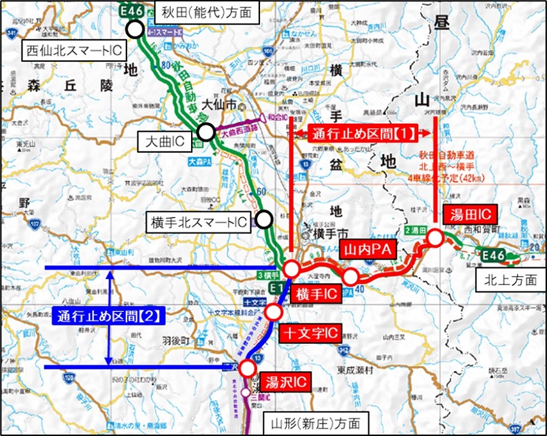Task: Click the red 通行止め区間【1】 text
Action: [x=363, y=133]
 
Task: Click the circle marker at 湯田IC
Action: [x=435, y=238]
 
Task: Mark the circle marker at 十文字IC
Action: [x=273, y=313]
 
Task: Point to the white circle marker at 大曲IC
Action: [x=205, y=131]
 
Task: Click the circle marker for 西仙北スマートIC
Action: [x=134, y=29]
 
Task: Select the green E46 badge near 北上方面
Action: [x=491, y=255]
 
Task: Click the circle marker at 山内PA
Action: [x=350, y=277]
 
